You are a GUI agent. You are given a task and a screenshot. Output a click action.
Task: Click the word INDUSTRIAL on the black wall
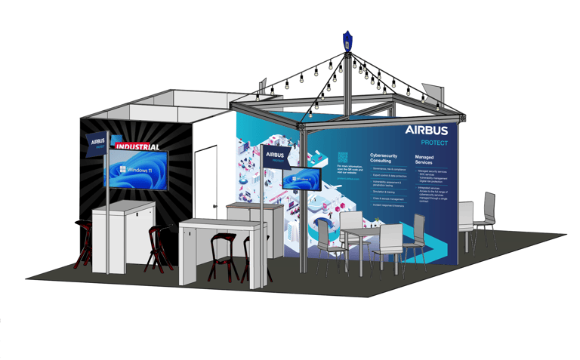(140, 145)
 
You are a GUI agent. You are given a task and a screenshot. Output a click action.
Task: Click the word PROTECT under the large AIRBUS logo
(434, 143)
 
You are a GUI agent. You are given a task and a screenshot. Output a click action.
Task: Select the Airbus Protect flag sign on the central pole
(276, 156)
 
